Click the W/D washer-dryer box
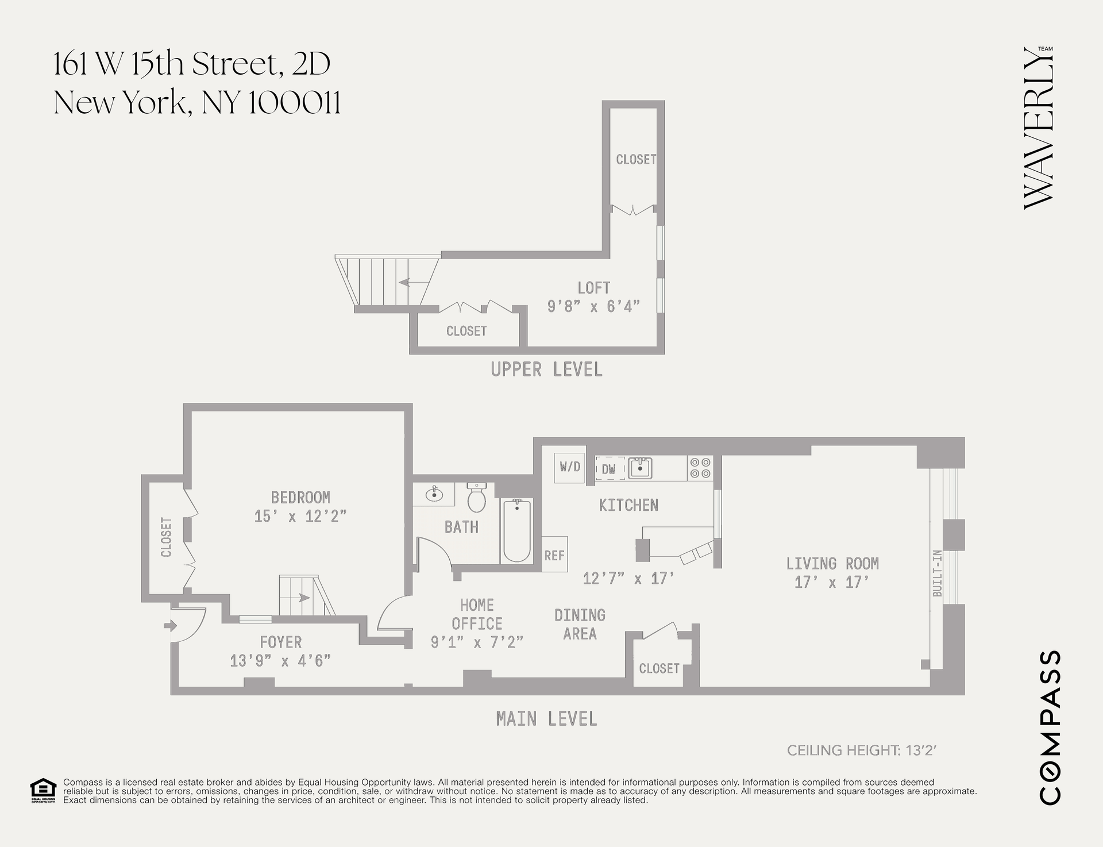coord(570,467)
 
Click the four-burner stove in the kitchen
coord(700,468)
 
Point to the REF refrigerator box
coord(554,555)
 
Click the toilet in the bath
coord(477,497)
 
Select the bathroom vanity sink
coord(434,494)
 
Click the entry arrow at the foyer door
coord(171,625)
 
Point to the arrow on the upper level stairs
coord(412,282)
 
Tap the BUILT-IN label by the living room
coord(938,573)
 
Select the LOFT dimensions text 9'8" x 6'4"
coord(593,306)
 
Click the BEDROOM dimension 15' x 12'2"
coord(300,516)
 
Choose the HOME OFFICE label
coord(477,614)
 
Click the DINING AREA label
coord(580,625)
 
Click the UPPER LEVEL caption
coord(546,369)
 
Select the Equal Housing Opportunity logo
coord(43,791)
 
